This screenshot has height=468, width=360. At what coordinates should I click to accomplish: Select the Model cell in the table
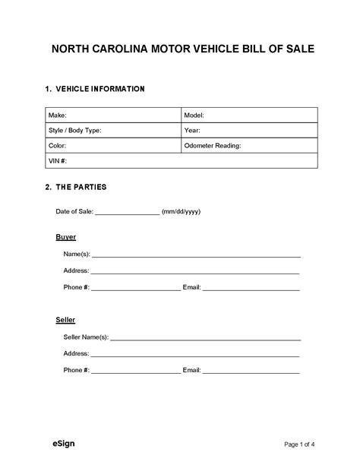[249, 115]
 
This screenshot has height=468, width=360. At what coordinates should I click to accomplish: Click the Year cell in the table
[249, 130]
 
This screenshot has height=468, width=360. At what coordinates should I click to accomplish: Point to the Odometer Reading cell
[249, 145]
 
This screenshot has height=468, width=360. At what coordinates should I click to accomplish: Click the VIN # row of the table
[181, 160]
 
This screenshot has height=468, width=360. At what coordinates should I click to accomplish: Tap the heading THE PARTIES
[81, 187]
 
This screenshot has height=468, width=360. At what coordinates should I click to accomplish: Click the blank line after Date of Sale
[126, 213]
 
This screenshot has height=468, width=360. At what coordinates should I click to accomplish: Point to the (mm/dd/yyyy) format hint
[181, 211]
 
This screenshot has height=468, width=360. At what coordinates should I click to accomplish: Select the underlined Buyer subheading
[66, 237]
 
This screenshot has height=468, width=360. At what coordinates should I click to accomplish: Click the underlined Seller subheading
[66, 320]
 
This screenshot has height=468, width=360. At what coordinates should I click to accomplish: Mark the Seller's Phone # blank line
[136, 372]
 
